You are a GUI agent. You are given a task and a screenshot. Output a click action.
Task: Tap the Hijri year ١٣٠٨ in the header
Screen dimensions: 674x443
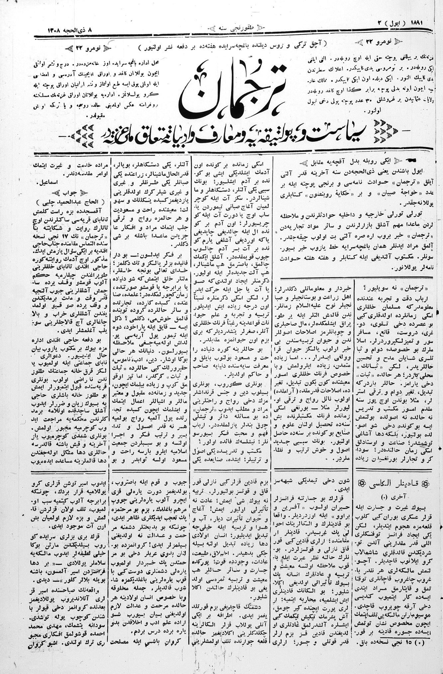pyautogui.click(x=52, y=30)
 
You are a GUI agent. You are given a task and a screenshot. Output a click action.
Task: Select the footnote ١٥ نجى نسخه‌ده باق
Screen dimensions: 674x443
pyautogui.click(x=395, y=650)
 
